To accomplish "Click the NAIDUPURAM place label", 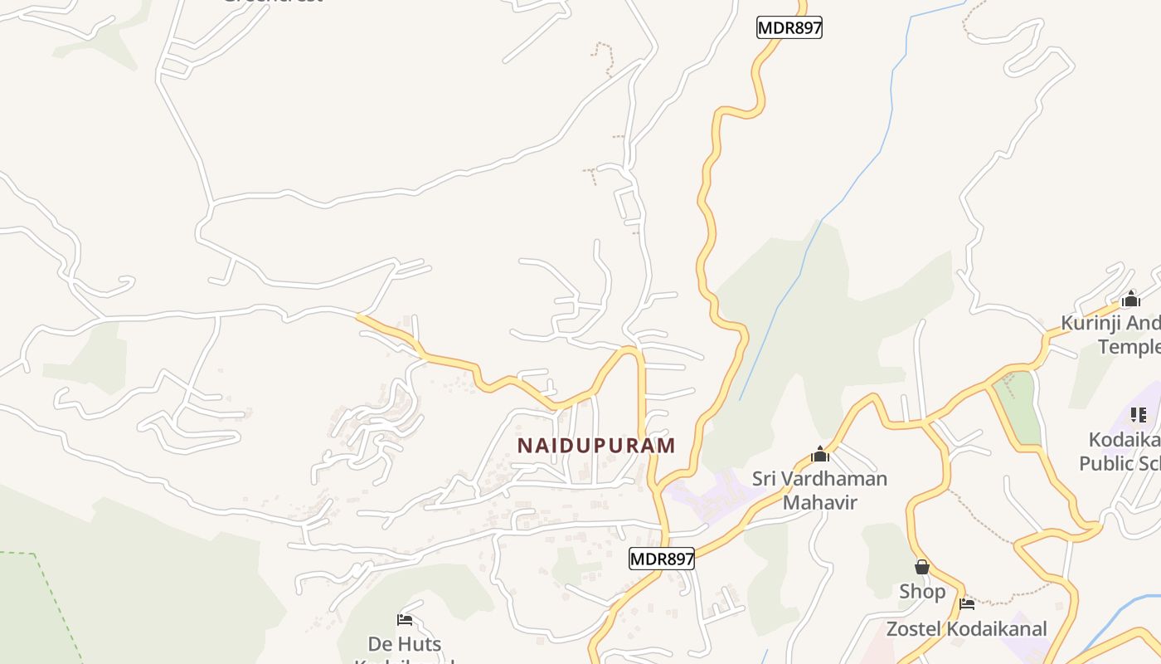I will coord(596,446).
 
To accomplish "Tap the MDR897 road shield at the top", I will coord(789,27).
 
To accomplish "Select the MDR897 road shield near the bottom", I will coord(661,559).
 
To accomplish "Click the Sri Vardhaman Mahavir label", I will coord(819,491).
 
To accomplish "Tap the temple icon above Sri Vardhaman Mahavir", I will coord(820,454).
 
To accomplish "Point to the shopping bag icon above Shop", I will coord(922,567).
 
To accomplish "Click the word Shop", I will coord(922,592).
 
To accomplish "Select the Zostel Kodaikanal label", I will coord(966,628).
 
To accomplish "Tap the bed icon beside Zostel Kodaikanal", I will coord(966,603).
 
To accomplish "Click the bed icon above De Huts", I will coord(405,619).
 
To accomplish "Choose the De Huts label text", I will coord(405,644).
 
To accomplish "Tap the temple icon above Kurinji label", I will coord(1130,300).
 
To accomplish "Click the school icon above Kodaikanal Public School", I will coord(1138,414).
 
